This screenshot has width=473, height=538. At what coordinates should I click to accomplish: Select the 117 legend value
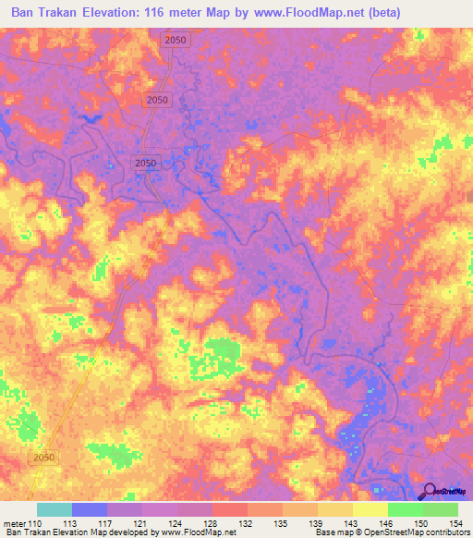[x=108, y=524]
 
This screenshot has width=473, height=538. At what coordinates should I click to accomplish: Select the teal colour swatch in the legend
[x=55, y=509]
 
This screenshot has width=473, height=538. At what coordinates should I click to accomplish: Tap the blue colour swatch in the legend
[x=90, y=509]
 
